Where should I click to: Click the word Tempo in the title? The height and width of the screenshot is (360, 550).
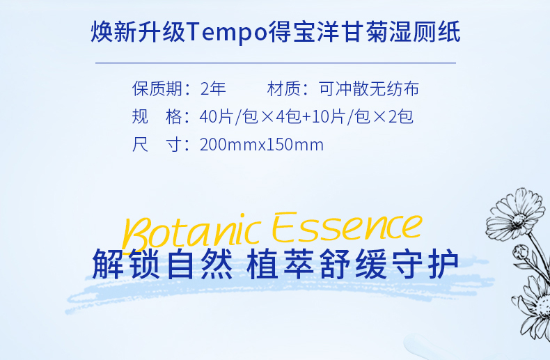click(227, 32)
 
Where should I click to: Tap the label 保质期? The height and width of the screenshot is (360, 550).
click(157, 88)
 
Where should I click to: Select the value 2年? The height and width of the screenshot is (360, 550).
click(213, 88)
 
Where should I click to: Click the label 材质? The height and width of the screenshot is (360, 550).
click(284, 88)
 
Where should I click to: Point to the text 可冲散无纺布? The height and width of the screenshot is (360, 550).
click(369, 88)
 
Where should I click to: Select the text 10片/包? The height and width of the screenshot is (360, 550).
click(341, 116)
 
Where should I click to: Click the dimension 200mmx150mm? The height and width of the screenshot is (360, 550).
click(262, 145)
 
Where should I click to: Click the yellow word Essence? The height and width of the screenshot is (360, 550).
click(347, 228)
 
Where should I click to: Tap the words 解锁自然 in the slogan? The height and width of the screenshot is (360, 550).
click(162, 264)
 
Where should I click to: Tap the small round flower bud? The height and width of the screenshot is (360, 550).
click(521, 253)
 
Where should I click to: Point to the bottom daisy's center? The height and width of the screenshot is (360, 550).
click(544, 305)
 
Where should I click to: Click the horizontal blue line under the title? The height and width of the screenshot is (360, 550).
click(276, 63)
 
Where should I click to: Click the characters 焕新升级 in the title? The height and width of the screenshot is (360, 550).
click(139, 32)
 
